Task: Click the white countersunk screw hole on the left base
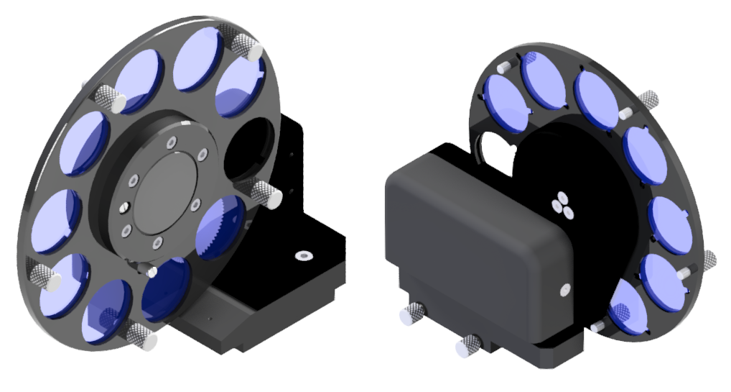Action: click(302, 255)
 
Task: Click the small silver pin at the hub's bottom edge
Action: click(152, 270)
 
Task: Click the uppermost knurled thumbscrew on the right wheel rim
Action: click(648, 100)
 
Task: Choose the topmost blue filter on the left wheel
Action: click(197, 60)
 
